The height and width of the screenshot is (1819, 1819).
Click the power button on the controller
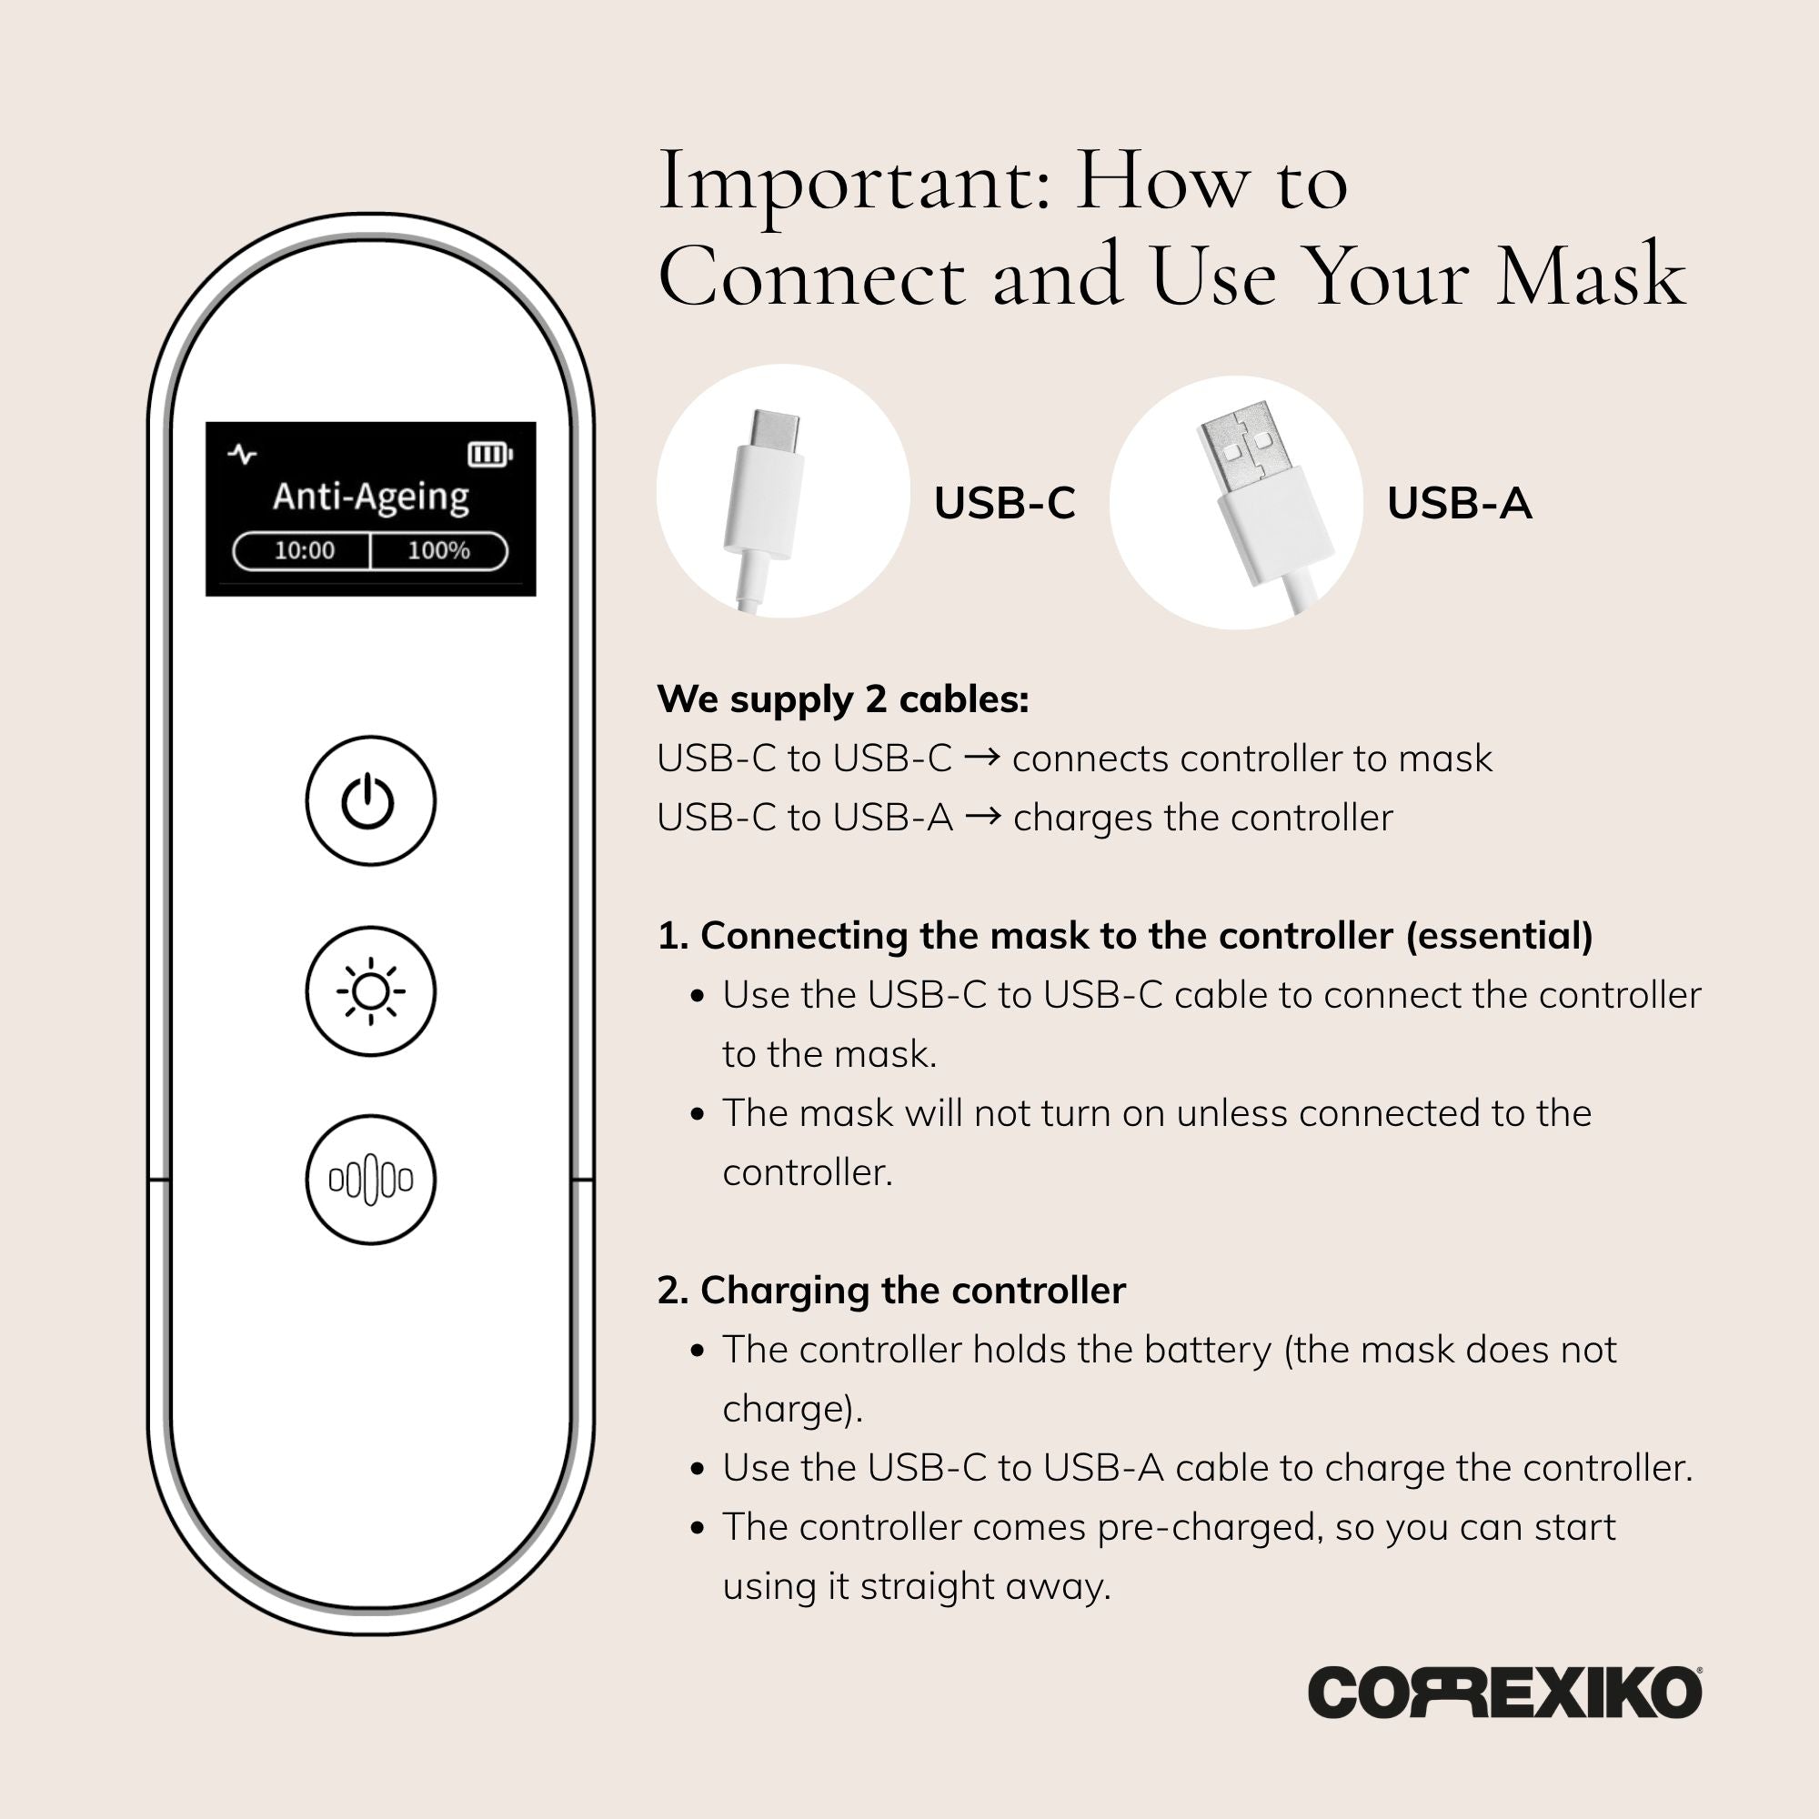(x=371, y=800)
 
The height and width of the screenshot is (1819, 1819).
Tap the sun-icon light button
(x=371, y=990)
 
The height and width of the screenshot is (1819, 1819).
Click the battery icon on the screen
(x=490, y=456)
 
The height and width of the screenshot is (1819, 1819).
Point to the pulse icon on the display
(x=242, y=455)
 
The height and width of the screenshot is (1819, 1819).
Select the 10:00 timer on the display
(x=304, y=551)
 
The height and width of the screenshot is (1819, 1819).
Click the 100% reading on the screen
(x=437, y=551)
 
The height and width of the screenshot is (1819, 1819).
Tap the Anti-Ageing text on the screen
(x=371, y=498)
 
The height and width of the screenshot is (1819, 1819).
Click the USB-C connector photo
(x=783, y=490)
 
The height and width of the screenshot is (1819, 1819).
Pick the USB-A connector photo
(x=1236, y=503)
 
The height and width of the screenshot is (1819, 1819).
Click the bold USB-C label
(x=1005, y=503)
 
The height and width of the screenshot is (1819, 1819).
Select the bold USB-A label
(x=1460, y=503)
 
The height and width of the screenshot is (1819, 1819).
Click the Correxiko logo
(x=1504, y=1719)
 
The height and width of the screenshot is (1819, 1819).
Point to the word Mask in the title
(x=1591, y=276)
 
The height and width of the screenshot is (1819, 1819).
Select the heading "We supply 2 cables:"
(x=843, y=698)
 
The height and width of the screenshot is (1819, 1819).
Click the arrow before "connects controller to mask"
(x=982, y=757)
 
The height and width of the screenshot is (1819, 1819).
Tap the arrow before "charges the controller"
(x=983, y=817)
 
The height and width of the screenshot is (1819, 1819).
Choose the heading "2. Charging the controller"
(x=891, y=1290)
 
